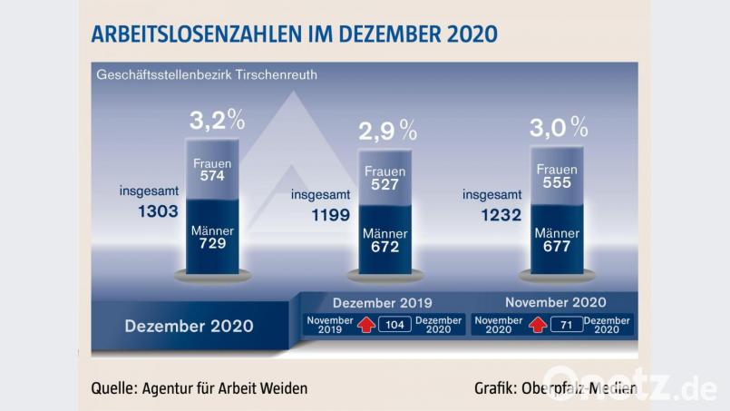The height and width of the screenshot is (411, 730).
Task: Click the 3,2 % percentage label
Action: coord(217,120)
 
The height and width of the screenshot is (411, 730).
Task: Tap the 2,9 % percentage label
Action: coord(387,131)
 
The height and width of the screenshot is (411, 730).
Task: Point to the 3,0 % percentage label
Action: coord(559,127)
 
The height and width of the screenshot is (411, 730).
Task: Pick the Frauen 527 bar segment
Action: coord(384,180)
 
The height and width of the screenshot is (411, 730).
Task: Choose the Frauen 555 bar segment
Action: coord(557,177)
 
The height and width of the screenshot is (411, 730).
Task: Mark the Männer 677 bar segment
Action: coord(557,240)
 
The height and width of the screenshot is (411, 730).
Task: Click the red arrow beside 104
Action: coord(365,324)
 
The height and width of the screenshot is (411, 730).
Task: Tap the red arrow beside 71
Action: coord(536,324)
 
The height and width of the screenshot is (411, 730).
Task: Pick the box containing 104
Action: coord(394,325)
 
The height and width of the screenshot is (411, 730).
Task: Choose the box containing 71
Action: coord(566,325)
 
